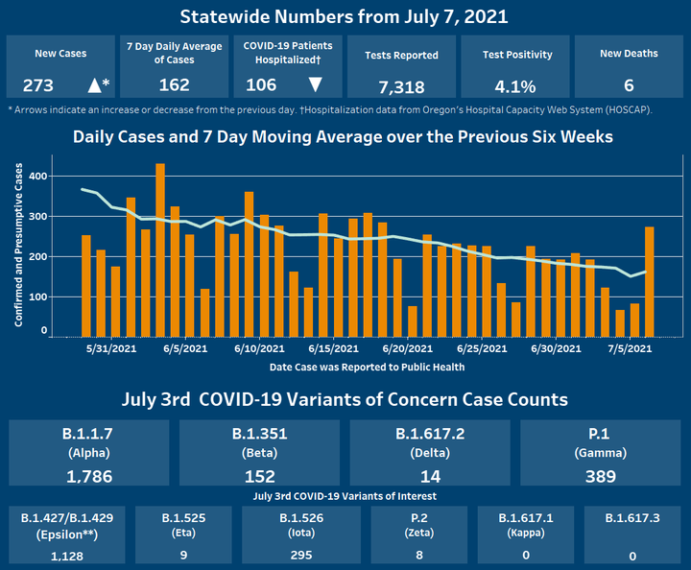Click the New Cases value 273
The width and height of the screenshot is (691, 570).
click(x=38, y=84)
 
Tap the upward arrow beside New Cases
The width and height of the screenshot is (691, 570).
click(x=94, y=84)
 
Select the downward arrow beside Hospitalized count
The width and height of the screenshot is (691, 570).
click(x=315, y=84)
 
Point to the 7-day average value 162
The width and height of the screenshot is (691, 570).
click(x=174, y=84)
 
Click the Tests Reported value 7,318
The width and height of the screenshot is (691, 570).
click(x=401, y=86)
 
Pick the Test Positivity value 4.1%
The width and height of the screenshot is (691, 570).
click(x=515, y=86)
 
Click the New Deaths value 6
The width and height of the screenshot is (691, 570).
click(x=628, y=84)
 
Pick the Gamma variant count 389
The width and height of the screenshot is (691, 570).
click(x=603, y=475)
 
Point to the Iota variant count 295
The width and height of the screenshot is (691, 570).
click(x=300, y=555)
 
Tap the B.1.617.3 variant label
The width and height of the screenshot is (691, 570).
click(x=633, y=518)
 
